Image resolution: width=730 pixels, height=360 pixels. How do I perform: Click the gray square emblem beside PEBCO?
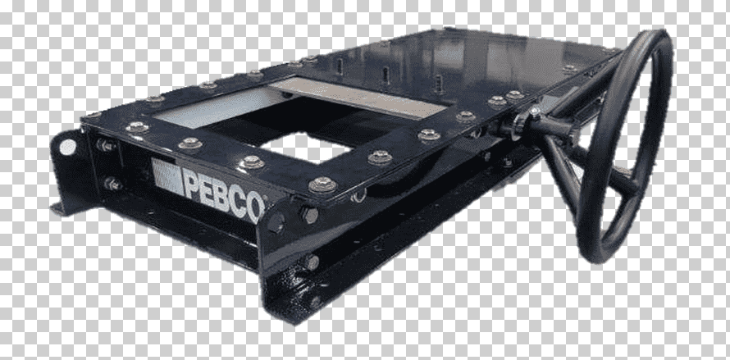[167, 176]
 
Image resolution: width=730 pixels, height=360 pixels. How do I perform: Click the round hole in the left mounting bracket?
[68, 147]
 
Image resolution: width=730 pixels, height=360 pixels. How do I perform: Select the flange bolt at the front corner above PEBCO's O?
[322, 185]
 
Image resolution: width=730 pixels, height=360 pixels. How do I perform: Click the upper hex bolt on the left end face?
[105, 145]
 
